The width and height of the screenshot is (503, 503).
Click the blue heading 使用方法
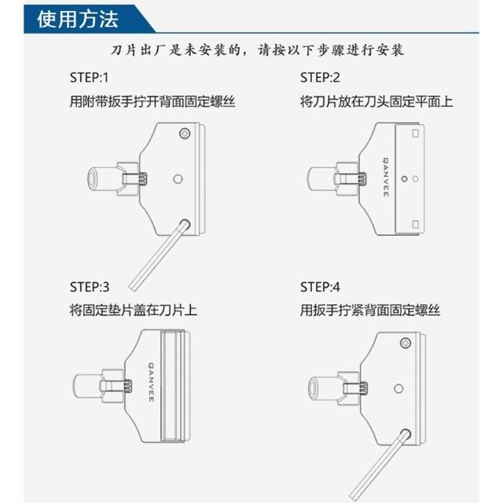point(78,19)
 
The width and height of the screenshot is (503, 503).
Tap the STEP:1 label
point(89,78)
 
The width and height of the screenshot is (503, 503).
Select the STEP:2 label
point(320,78)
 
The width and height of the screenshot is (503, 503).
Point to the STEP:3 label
point(90,287)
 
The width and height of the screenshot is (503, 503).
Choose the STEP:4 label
point(320,287)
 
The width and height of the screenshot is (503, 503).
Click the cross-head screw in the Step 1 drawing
point(185,133)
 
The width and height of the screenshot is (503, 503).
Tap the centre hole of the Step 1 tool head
point(178,178)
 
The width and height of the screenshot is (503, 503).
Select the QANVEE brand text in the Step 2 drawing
point(386,177)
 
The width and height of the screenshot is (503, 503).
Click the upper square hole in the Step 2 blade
point(416,133)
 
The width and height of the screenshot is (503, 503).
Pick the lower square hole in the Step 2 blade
point(416,224)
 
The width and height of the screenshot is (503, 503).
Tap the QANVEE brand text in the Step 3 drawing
point(152,382)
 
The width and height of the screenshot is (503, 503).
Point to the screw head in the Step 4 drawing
point(406,343)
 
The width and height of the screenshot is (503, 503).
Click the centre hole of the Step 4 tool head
point(398,389)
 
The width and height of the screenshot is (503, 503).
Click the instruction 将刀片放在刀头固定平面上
point(376,101)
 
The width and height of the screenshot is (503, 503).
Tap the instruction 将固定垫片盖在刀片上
point(133,310)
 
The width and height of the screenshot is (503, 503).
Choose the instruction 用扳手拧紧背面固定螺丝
point(370,310)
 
